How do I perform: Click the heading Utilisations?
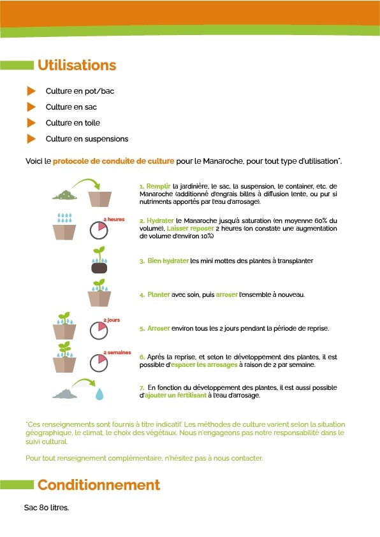[x=77, y=65]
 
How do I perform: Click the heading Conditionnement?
[x=98, y=485]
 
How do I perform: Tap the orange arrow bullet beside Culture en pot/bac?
[x=31, y=91]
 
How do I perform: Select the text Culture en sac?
[x=71, y=107]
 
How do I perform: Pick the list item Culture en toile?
[x=73, y=123]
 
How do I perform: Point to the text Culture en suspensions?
[x=87, y=139]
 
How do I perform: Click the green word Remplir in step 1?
[x=157, y=186]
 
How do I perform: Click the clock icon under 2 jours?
[x=98, y=330]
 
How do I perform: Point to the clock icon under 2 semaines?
[x=98, y=362]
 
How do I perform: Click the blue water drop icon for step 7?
[x=99, y=394]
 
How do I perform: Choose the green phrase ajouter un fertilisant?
[x=177, y=396]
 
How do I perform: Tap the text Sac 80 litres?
[x=46, y=508]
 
